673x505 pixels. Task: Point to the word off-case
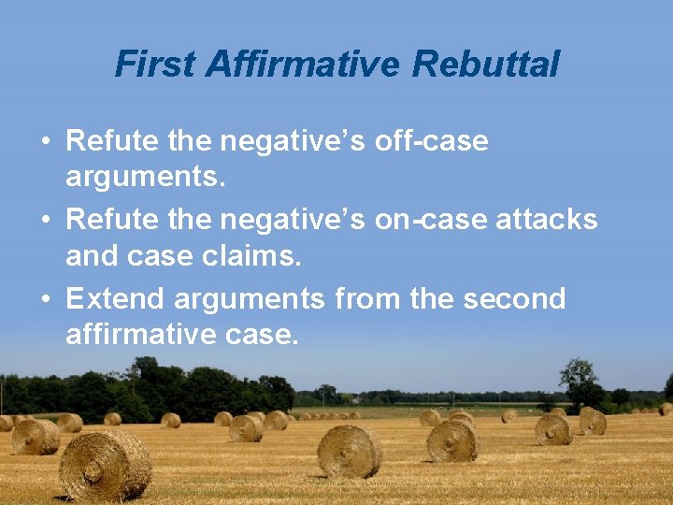click(x=431, y=141)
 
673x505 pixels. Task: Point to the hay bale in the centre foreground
click(x=350, y=452)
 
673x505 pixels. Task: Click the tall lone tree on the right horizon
click(x=578, y=380)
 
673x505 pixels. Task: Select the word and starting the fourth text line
click(x=88, y=255)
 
